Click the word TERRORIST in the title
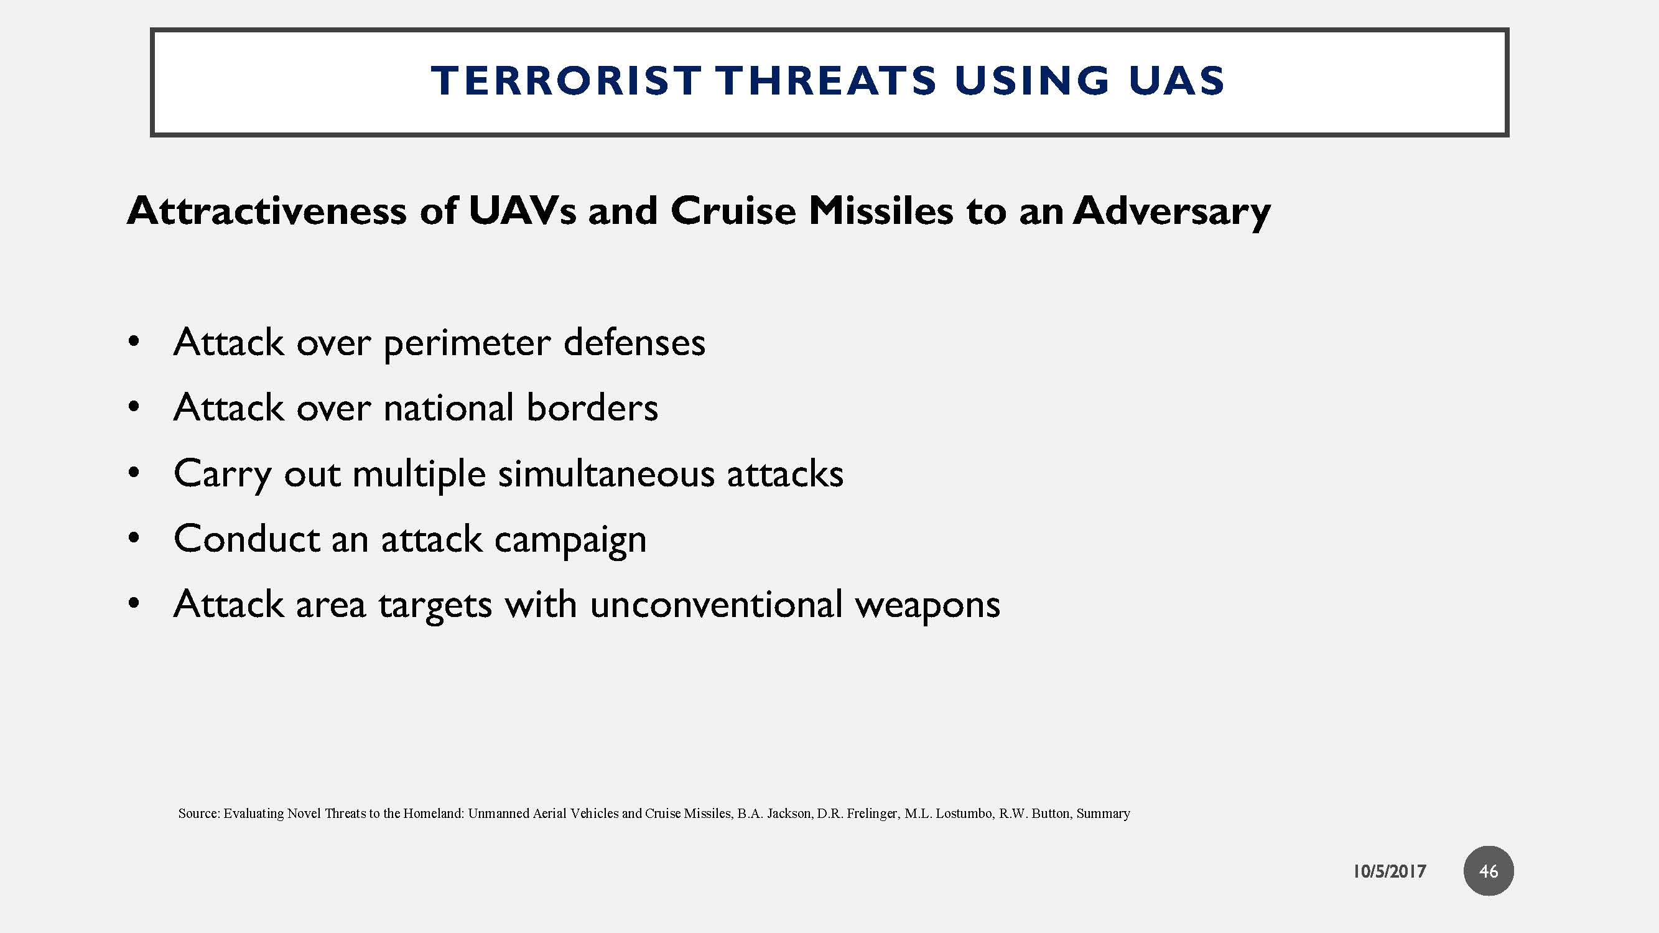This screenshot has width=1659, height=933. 566,81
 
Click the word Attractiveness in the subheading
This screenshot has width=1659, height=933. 266,211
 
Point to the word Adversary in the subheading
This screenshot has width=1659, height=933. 1171,212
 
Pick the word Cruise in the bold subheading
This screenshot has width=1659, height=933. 733,211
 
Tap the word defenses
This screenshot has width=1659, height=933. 634,342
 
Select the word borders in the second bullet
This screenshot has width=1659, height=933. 592,407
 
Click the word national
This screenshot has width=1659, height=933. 448,407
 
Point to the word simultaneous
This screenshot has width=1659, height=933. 606,474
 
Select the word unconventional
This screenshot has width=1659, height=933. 715,605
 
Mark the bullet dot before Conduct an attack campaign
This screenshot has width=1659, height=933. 133,538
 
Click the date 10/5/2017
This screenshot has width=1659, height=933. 1388,871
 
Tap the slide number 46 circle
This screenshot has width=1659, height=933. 1488,871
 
